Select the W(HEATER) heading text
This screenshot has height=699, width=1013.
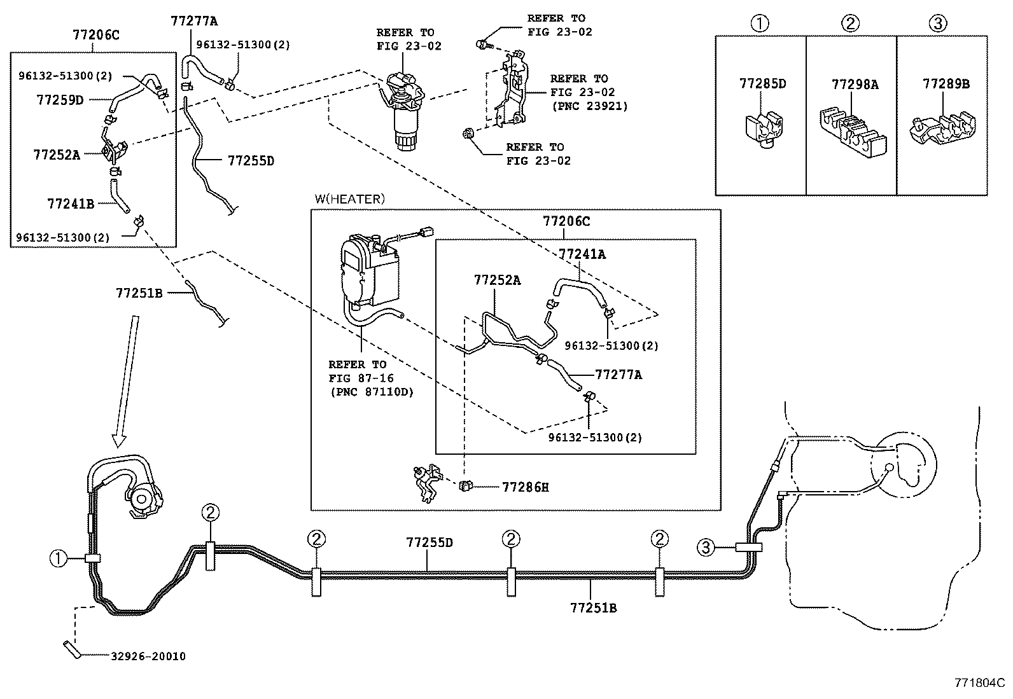pyautogui.click(x=349, y=199)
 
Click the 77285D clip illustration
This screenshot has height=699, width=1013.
pyautogui.click(x=761, y=130)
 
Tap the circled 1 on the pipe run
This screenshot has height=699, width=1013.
pyautogui.click(x=59, y=558)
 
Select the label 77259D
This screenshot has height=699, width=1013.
pyautogui.click(x=60, y=99)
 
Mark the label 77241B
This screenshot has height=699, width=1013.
pyautogui.click(x=70, y=204)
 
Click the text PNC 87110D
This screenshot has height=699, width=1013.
pyautogui.click(x=372, y=392)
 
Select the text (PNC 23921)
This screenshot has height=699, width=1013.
pyautogui.click(x=589, y=106)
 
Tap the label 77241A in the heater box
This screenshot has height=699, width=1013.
pyautogui.click(x=582, y=254)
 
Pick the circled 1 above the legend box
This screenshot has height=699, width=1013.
pyautogui.click(x=759, y=24)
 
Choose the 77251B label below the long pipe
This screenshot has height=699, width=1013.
pyautogui.click(x=593, y=607)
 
